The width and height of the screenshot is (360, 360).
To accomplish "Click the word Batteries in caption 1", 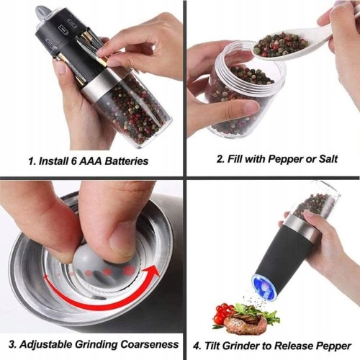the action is [x=127, y=161].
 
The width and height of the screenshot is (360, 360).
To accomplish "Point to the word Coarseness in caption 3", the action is [x=149, y=344].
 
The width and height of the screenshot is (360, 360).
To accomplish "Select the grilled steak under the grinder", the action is [x=246, y=323].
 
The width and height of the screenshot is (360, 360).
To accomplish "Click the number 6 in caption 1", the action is [x=73, y=161].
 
